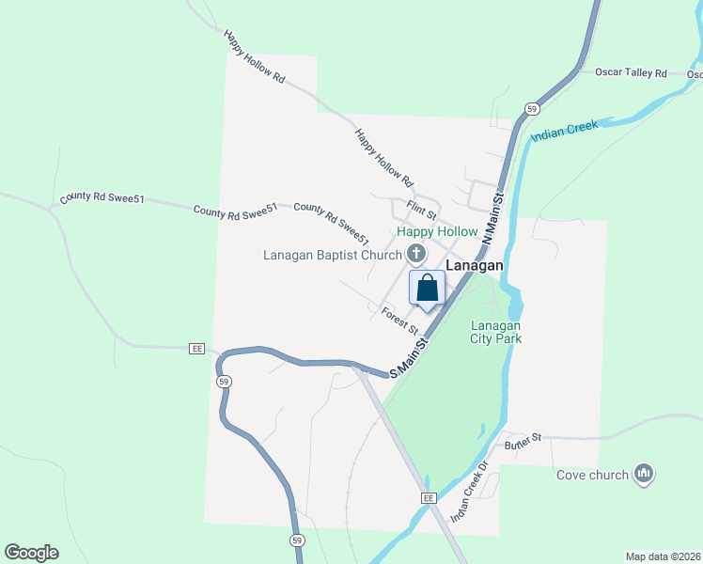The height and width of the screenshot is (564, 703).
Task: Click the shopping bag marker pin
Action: (427, 289)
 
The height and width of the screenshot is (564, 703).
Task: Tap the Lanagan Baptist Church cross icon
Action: (415, 253)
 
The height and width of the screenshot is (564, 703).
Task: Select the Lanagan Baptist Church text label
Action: (333, 254)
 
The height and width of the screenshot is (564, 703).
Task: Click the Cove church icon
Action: (644, 473)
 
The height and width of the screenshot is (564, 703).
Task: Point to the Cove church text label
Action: (592, 475)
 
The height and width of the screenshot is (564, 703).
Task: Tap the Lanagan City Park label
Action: (496, 332)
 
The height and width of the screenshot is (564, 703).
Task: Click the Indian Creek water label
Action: (564, 131)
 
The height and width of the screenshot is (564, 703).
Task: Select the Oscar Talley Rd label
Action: (631, 72)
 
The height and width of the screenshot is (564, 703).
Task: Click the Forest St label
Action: (399, 319)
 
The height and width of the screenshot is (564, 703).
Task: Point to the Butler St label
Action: (523, 439)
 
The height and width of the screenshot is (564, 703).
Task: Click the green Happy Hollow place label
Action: (437, 231)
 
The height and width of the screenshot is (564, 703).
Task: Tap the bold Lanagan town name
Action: (475, 266)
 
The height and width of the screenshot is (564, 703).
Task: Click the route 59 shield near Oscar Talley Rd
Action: (532, 107)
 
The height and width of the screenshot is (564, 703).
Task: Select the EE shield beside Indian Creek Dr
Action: (430, 497)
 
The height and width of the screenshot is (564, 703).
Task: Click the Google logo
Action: (31, 553)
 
